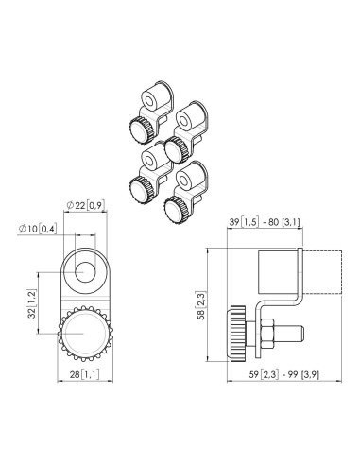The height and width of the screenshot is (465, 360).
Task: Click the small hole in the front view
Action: tap(85, 272)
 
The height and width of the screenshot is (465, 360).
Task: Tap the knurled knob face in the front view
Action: tap(85, 333)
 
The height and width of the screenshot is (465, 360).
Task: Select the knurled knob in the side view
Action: tap(238, 334)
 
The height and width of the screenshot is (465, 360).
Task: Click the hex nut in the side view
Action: tap(267, 334)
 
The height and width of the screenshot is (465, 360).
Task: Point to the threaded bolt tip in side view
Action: tap(288, 334)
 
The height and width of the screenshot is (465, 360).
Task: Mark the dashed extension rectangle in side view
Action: tap(322, 272)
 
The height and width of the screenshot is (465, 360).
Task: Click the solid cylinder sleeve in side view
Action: tap(278, 271)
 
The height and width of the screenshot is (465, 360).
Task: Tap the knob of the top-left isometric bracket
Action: tap(142, 129)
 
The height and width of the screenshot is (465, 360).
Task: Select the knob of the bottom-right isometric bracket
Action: tap(177, 209)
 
